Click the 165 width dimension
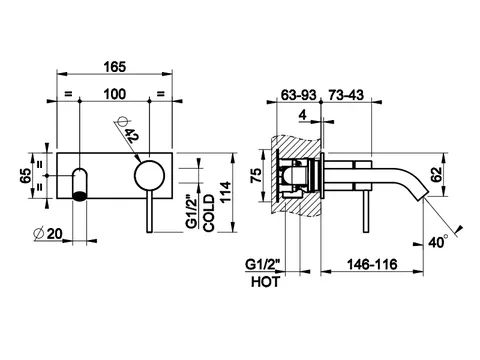click(115, 67)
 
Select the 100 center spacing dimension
click(115, 94)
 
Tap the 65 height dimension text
click(26, 176)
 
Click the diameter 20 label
click(49, 234)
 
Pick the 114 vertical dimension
click(226, 192)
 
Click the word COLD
click(209, 213)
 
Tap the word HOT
click(265, 282)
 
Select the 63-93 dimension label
click(298, 95)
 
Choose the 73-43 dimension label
click(346, 95)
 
